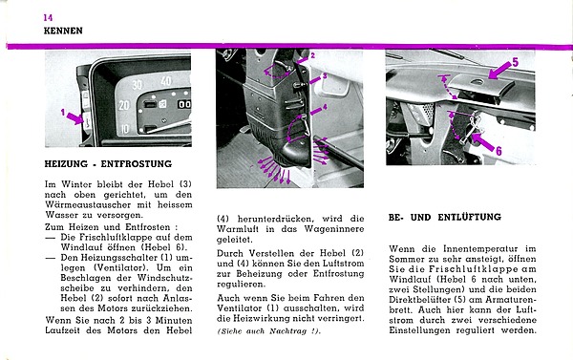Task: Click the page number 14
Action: (48, 17)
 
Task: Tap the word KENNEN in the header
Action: (63, 31)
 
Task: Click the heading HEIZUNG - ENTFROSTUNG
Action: (108, 164)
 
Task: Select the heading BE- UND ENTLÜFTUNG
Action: (445, 217)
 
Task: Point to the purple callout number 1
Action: (62, 113)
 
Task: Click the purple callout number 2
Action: (312, 56)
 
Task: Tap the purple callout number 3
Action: (325, 76)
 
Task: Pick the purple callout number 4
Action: (325, 107)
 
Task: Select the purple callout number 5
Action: (516, 62)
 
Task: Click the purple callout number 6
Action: (499, 151)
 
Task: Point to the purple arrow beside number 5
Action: (499, 70)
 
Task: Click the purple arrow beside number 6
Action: (482, 142)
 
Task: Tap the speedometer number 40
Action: (165, 81)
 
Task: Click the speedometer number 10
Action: (125, 129)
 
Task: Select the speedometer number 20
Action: (124, 106)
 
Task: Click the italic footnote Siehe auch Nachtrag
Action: (269, 331)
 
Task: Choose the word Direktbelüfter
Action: (420, 300)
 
